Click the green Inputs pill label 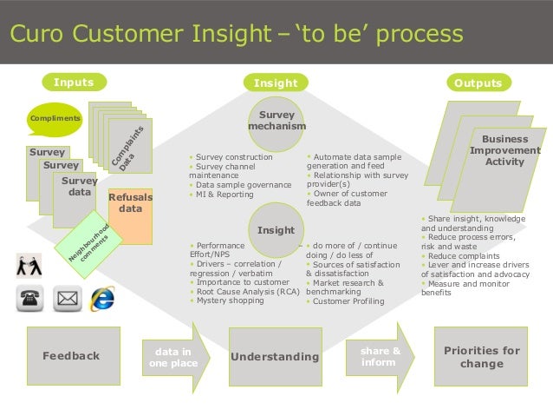coord(74,83)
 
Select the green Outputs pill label coord(478,83)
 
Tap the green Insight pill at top coord(276,83)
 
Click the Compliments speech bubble coord(55,118)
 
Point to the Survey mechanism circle coord(276,121)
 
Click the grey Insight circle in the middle coord(276,229)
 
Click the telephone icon coord(29,300)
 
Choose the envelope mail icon coord(67,300)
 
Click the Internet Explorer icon coord(103,298)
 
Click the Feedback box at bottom coord(71,356)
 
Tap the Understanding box coord(275,357)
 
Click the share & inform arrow coord(379,356)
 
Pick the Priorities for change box coord(481,356)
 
